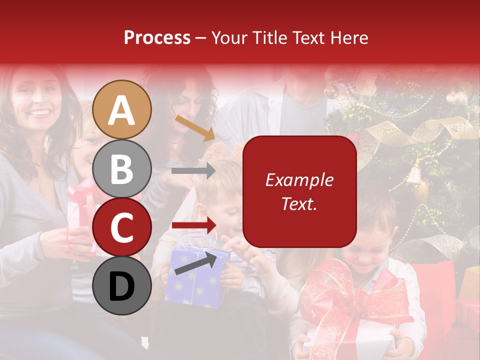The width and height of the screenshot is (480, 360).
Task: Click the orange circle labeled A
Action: [x=122, y=110]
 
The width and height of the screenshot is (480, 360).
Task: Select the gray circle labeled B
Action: [x=122, y=169]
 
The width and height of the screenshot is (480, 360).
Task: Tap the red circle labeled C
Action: [x=122, y=227]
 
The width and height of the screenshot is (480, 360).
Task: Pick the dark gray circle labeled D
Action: [x=122, y=285]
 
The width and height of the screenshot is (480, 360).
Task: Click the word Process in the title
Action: [x=157, y=37]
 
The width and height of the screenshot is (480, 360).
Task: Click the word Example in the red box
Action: [x=299, y=180]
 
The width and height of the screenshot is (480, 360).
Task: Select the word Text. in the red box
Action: [x=299, y=204]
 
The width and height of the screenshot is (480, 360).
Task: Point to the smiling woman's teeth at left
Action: [x=39, y=112]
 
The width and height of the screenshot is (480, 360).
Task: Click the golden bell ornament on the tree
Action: [x=415, y=174]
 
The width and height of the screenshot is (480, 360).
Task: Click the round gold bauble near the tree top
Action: [x=331, y=91]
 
